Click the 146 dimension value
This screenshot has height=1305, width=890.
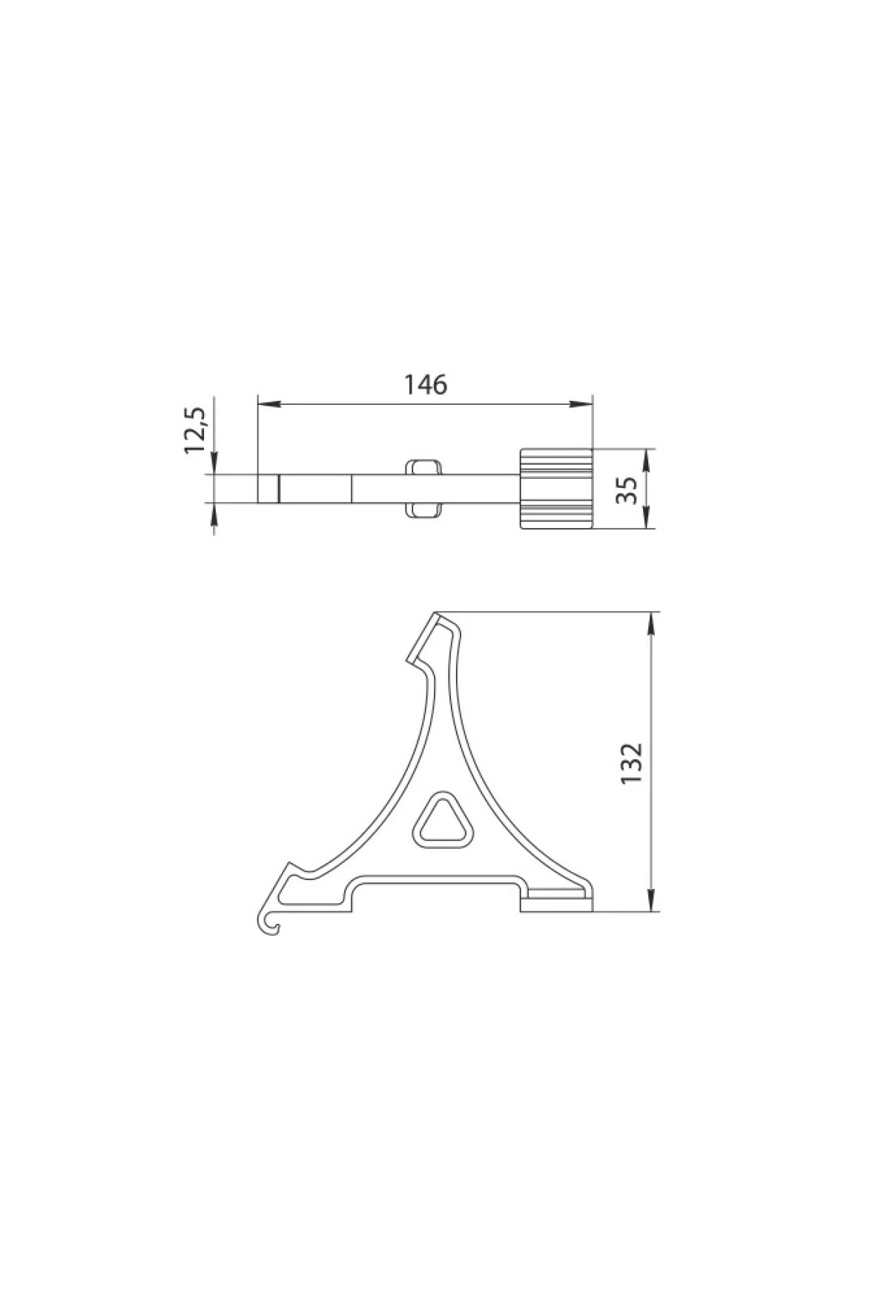coord(426,384)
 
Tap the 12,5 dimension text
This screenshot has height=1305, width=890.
coord(197,429)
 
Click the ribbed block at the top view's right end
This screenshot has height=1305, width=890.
coord(556,489)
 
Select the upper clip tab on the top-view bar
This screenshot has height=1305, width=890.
coord(423,467)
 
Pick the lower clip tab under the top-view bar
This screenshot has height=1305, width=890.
coord(423,511)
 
